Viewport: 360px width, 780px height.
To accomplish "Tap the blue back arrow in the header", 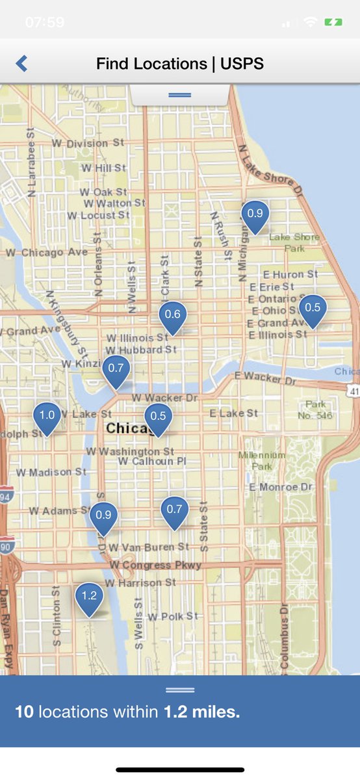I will click(21, 63).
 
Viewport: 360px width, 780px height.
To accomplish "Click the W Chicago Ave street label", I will click(47, 252).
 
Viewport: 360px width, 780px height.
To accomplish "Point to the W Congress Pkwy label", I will click(155, 565).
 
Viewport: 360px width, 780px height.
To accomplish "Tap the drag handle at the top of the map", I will click(179, 95).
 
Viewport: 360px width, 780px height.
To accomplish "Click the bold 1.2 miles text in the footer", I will click(201, 712).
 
